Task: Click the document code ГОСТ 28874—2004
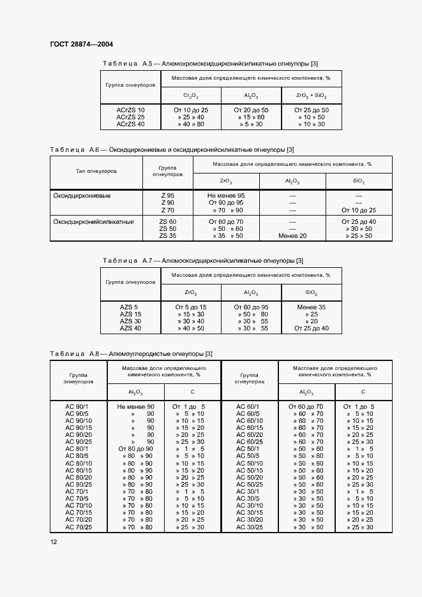coord(81,45)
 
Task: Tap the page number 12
coord(54,542)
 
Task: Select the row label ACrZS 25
coord(130,117)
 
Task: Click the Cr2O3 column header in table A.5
coord(190,96)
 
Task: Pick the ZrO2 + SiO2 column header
coord(311,96)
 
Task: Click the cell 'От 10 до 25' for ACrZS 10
coord(191,110)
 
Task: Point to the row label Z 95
coord(167,196)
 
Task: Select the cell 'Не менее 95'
coord(226,196)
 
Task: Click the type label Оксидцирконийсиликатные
coord(93,222)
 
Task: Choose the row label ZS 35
coord(167,236)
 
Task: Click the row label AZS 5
coord(130,307)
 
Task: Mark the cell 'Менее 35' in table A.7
coord(311,307)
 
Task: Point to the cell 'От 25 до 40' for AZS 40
coord(311,328)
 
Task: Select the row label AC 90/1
coord(79,406)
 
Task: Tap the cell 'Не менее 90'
coord(135,406)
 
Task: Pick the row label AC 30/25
coord(250,527)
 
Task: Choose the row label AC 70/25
coord(79,527)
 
